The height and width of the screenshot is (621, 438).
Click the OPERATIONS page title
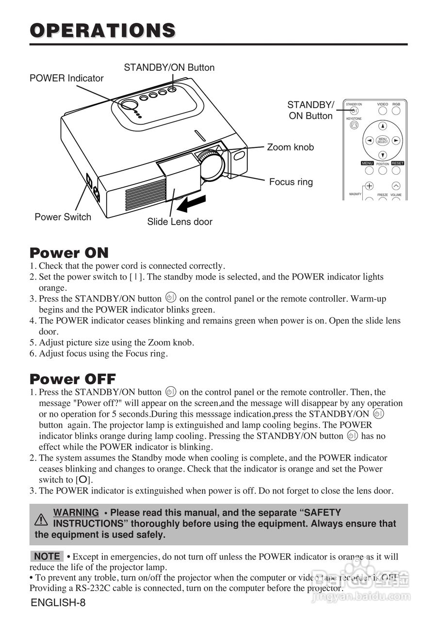[102, 30]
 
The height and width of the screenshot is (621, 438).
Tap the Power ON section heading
[69, 253]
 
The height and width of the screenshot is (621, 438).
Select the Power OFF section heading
[73, 379]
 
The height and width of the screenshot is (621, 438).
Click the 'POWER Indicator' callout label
[66, 78]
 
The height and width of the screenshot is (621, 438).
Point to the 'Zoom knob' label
[290, 147]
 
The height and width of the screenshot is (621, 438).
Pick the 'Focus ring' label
[291, 182]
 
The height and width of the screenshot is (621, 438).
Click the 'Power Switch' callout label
[63, 217]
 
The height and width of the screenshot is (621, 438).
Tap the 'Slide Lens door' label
[179, 222]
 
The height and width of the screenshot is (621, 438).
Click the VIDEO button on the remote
[383, 111]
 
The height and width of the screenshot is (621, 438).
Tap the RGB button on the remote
[396, 111]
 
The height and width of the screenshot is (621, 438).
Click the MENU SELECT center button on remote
[383, 140]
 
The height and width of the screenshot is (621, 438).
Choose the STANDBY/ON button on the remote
[354, 111]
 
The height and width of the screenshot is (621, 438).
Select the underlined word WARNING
[76, 512]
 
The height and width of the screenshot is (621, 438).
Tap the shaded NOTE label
[47, 556]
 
